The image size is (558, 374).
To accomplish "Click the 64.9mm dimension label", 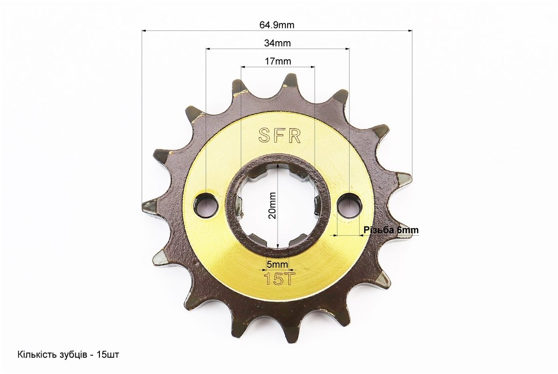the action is (x=277, y=25).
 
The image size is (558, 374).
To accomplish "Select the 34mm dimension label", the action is (x=277, y=43).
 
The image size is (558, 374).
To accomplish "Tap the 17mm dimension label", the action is (x=278, y=61).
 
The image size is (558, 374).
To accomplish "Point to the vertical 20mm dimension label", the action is (x=272, y=206).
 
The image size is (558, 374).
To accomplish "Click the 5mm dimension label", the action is (x=277, y=264).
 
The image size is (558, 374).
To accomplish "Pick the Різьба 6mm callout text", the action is (x=391, y=230).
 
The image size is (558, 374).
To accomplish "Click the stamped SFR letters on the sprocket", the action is (x=280, y=136).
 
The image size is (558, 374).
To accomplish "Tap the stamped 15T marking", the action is (x=279, y=279).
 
